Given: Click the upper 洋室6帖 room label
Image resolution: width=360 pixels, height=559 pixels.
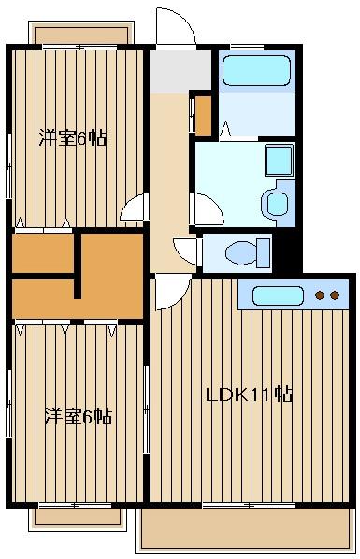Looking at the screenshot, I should pos(72,139).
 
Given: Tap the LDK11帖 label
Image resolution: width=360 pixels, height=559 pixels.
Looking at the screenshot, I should pos(249,394).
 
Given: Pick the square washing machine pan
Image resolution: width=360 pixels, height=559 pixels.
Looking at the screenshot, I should pos(278,161).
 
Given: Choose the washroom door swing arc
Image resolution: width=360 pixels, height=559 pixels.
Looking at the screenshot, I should pos(204,208).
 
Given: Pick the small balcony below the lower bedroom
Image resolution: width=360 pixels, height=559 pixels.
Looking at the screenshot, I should pos(79,517).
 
